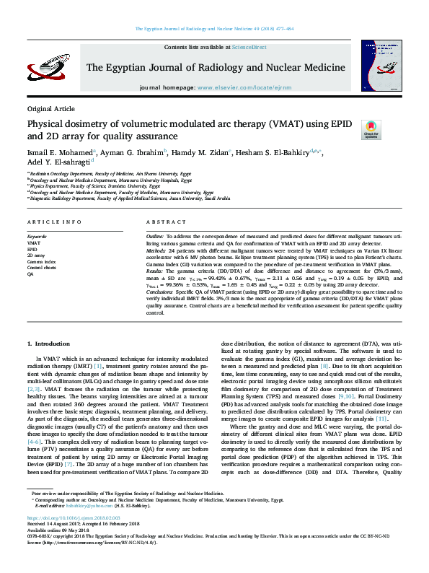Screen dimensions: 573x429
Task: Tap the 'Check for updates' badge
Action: (370, 131)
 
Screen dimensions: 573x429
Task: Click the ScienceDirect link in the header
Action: (248, 46)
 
